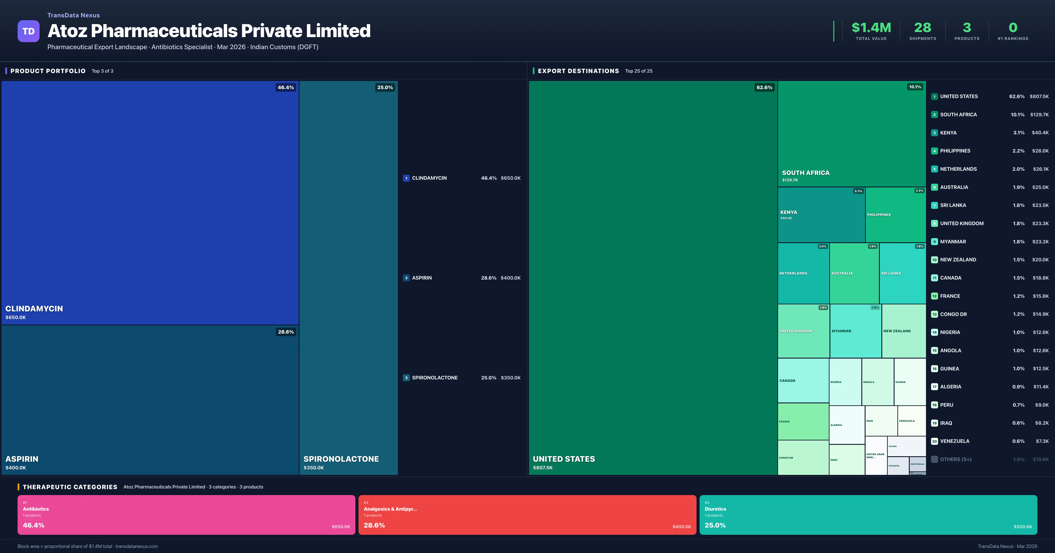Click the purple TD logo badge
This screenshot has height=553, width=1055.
click(x=28, y=31)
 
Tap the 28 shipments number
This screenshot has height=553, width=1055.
click(x=922, y=27)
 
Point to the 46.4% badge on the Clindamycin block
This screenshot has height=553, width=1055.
click(x=286, y=88)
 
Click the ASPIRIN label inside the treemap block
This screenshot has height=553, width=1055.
click(x=22, y=459)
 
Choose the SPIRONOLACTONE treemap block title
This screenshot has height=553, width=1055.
click(x=341, y=459)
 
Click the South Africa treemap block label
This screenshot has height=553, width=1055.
click(x=805, y=173)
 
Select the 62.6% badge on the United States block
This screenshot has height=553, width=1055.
click(x=764, y=88)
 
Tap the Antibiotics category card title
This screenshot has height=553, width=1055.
click(x=36, y=509)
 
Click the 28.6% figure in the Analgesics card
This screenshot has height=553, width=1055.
click(x=374, y=525)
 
